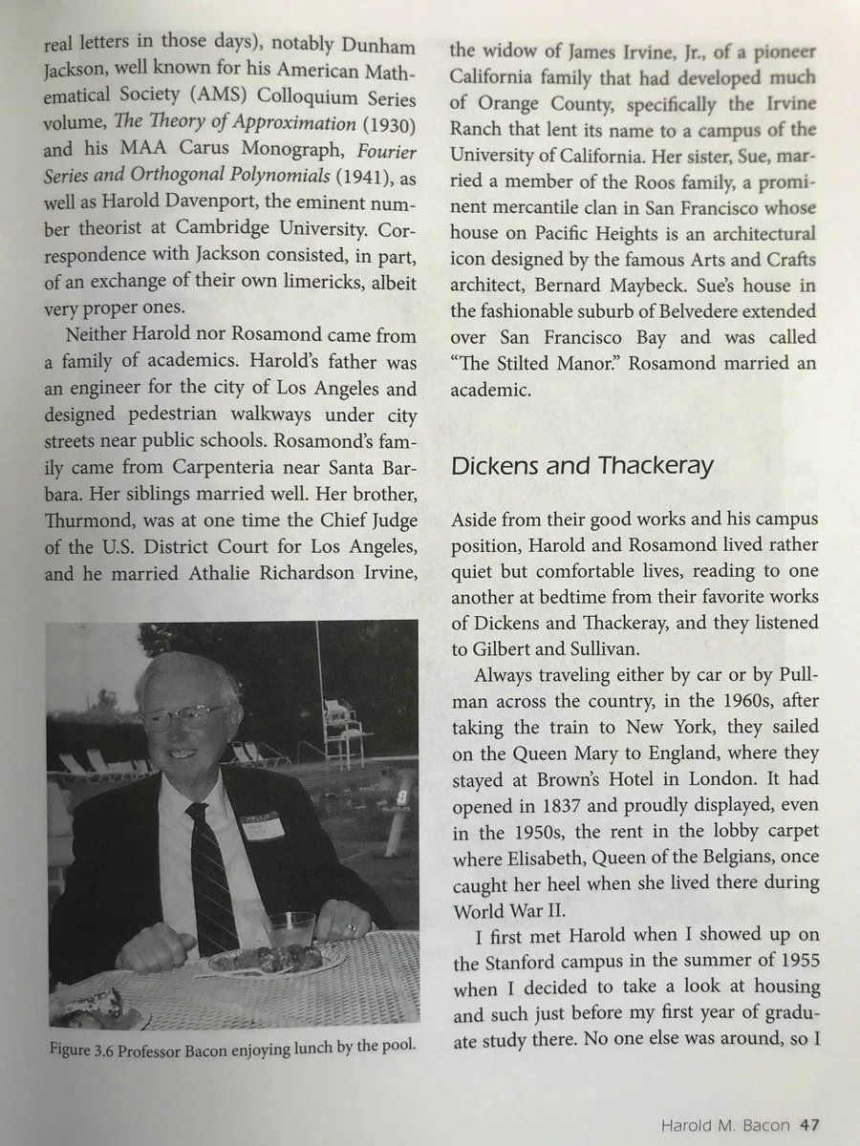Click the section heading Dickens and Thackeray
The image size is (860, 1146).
582,466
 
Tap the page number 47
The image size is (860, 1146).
810,1124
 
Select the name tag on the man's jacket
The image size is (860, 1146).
263,823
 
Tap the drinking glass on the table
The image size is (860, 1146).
290,928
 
